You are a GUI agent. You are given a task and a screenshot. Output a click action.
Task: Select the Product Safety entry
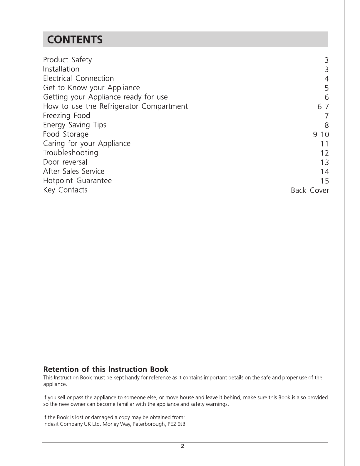pos(67,60)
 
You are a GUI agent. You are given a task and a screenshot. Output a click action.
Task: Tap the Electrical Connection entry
pos(78,78)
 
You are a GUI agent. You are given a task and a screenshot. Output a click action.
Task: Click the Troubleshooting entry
pos(71,153)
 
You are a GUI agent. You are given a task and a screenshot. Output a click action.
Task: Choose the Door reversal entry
pos(65,162)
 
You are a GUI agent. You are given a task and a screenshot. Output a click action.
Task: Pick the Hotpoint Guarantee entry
pos(77,181)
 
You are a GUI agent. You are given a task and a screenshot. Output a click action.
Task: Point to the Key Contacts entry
pos(65,190)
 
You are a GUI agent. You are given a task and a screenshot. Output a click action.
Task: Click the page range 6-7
pos(323,107)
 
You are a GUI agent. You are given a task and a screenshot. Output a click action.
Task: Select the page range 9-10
pos(321,135)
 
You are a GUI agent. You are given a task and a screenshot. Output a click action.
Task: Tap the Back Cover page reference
pos(310,191)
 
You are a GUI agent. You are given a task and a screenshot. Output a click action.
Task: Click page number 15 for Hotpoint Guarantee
pos(324,181)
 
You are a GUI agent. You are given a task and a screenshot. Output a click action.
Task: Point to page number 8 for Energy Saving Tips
pos(326,126)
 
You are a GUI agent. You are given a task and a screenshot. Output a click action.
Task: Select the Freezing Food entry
pos(66,116)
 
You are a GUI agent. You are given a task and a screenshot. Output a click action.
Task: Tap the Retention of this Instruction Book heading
pos(106,369)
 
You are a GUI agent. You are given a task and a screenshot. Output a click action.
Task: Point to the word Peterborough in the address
pos(149,424)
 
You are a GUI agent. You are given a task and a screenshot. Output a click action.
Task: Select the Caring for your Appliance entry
pos(87,143)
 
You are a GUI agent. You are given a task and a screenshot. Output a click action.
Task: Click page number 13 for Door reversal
pos(324,162)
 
